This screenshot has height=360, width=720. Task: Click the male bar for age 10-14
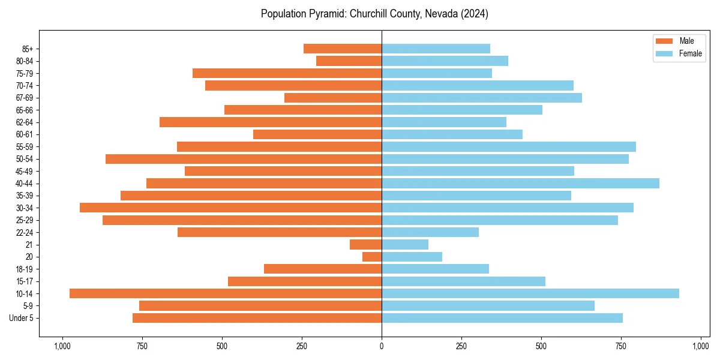[x=226, y=293]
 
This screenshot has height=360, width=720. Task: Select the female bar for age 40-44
[x=520, y=183]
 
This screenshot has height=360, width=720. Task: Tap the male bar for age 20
[x=372, y=257]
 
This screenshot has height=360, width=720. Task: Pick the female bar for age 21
[x=405, y=244]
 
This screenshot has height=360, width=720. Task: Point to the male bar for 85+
[x=343, y=49]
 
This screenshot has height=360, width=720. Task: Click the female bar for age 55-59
[x=509, y=146]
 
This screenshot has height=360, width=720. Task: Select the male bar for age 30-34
[x=230, y=208]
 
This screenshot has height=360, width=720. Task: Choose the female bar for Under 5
[x=502, y=318]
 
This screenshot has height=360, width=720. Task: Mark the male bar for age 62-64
[x=271, y=122]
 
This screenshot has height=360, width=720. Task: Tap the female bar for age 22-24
[x=430, y=232]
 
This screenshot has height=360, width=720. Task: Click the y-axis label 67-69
[x=25, y=98]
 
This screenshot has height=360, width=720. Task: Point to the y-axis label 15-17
[x=25, y=281]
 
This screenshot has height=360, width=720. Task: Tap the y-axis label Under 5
[x=22, y=318]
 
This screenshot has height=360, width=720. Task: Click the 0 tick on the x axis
[x=382, y=346]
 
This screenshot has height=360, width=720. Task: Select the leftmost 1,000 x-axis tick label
[x=62, y=346]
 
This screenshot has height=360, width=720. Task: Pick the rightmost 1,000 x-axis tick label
[x=701, y=346]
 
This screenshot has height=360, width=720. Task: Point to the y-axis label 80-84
[x=25, y=61]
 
